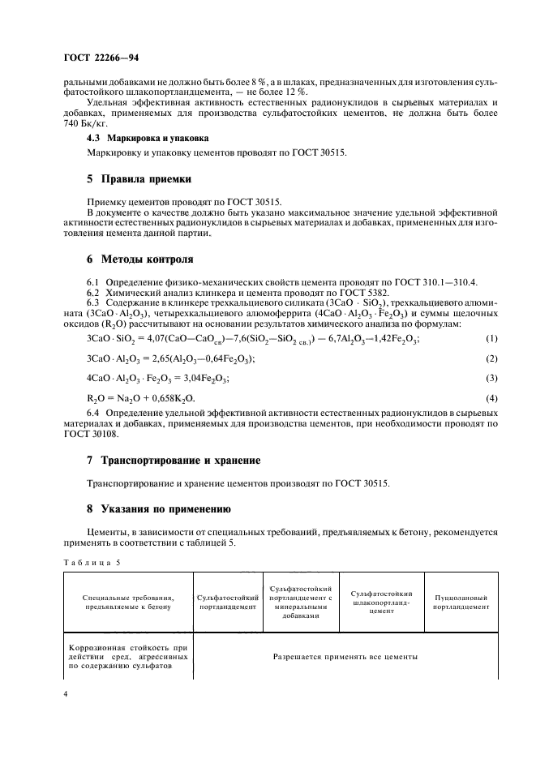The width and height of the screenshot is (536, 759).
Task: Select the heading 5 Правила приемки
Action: tap(139, 178)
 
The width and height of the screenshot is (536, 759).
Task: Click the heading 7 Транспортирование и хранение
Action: tap(174, 461)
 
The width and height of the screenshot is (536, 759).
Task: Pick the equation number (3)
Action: tap(490, 378)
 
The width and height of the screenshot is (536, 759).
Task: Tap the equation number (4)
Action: tap(490, 398)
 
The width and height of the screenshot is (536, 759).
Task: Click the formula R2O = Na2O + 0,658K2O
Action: tap(140, 399)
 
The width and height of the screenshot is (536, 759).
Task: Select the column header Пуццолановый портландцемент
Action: tap(461, 601)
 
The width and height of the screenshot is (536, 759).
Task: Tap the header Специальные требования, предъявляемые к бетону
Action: tap(127, 601)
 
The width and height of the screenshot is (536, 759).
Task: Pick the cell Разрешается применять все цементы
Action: tap(345, 655)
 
